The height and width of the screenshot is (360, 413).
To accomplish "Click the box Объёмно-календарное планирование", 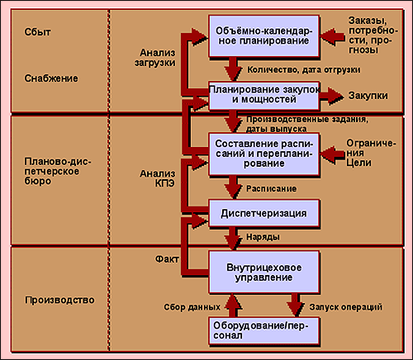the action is click(x=264, y=36).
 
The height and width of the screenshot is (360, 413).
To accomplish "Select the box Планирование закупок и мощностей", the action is click(x=264, y=95).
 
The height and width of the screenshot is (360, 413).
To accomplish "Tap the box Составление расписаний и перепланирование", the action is click(x=264, y=154).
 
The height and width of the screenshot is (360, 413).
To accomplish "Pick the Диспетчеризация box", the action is click(x=264, y=213).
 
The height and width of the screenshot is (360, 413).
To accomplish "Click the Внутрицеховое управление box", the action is click(x=264, y=272).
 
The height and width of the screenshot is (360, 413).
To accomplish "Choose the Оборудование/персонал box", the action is click(x=264, y=331).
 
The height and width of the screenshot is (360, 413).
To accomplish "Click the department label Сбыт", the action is click(x=37, y=32).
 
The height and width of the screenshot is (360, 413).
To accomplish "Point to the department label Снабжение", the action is click(x=51, y=78).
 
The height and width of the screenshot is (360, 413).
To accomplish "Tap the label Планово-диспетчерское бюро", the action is click(x=58, y=171).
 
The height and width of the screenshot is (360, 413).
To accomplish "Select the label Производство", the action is click(x=59, y=300).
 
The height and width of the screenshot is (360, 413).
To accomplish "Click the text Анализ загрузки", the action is click(x=155, y=58).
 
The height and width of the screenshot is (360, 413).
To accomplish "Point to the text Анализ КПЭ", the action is click(x=158, y=178).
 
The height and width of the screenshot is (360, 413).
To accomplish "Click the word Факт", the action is click(x=167, y=259).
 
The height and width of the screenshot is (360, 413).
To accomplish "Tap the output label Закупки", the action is click(x=368, y=96).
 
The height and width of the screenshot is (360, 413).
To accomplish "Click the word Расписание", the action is click(x=272, y=189).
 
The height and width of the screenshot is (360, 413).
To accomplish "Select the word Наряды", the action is click(x=263, y=237).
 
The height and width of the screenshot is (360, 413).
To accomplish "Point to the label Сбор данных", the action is click(x=192, y=307).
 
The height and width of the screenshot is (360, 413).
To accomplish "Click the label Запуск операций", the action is click(x=346, y=307).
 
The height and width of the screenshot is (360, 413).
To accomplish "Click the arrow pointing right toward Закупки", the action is click(x=332, y=97).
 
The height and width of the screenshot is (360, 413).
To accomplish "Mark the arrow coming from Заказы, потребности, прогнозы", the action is click(x=332, y=36).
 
